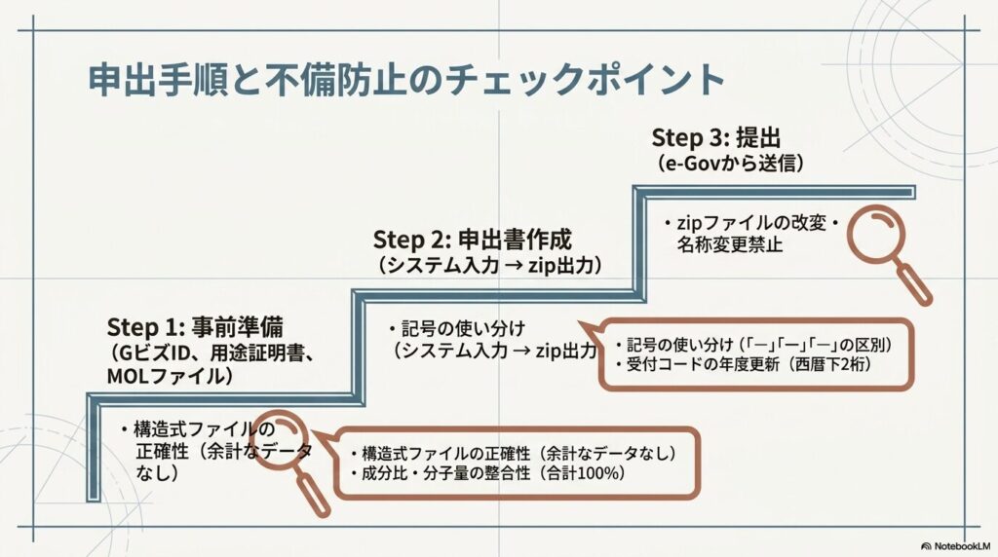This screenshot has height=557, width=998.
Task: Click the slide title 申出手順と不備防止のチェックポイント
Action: (x=406, y=79)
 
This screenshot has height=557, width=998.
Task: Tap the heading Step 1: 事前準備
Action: (x=195, y=327)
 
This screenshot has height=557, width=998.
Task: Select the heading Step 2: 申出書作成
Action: (x=473, y=240)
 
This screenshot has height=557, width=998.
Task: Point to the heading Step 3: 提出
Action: (x=716, y=137)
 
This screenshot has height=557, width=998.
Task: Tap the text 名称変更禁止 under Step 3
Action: (x=729, y=244)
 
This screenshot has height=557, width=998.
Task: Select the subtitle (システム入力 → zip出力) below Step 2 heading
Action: (x=489, y=264)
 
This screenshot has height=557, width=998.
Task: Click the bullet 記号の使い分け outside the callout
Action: (x=457, y=329)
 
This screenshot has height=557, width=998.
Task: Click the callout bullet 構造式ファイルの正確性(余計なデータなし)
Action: (x=513, y=454)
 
